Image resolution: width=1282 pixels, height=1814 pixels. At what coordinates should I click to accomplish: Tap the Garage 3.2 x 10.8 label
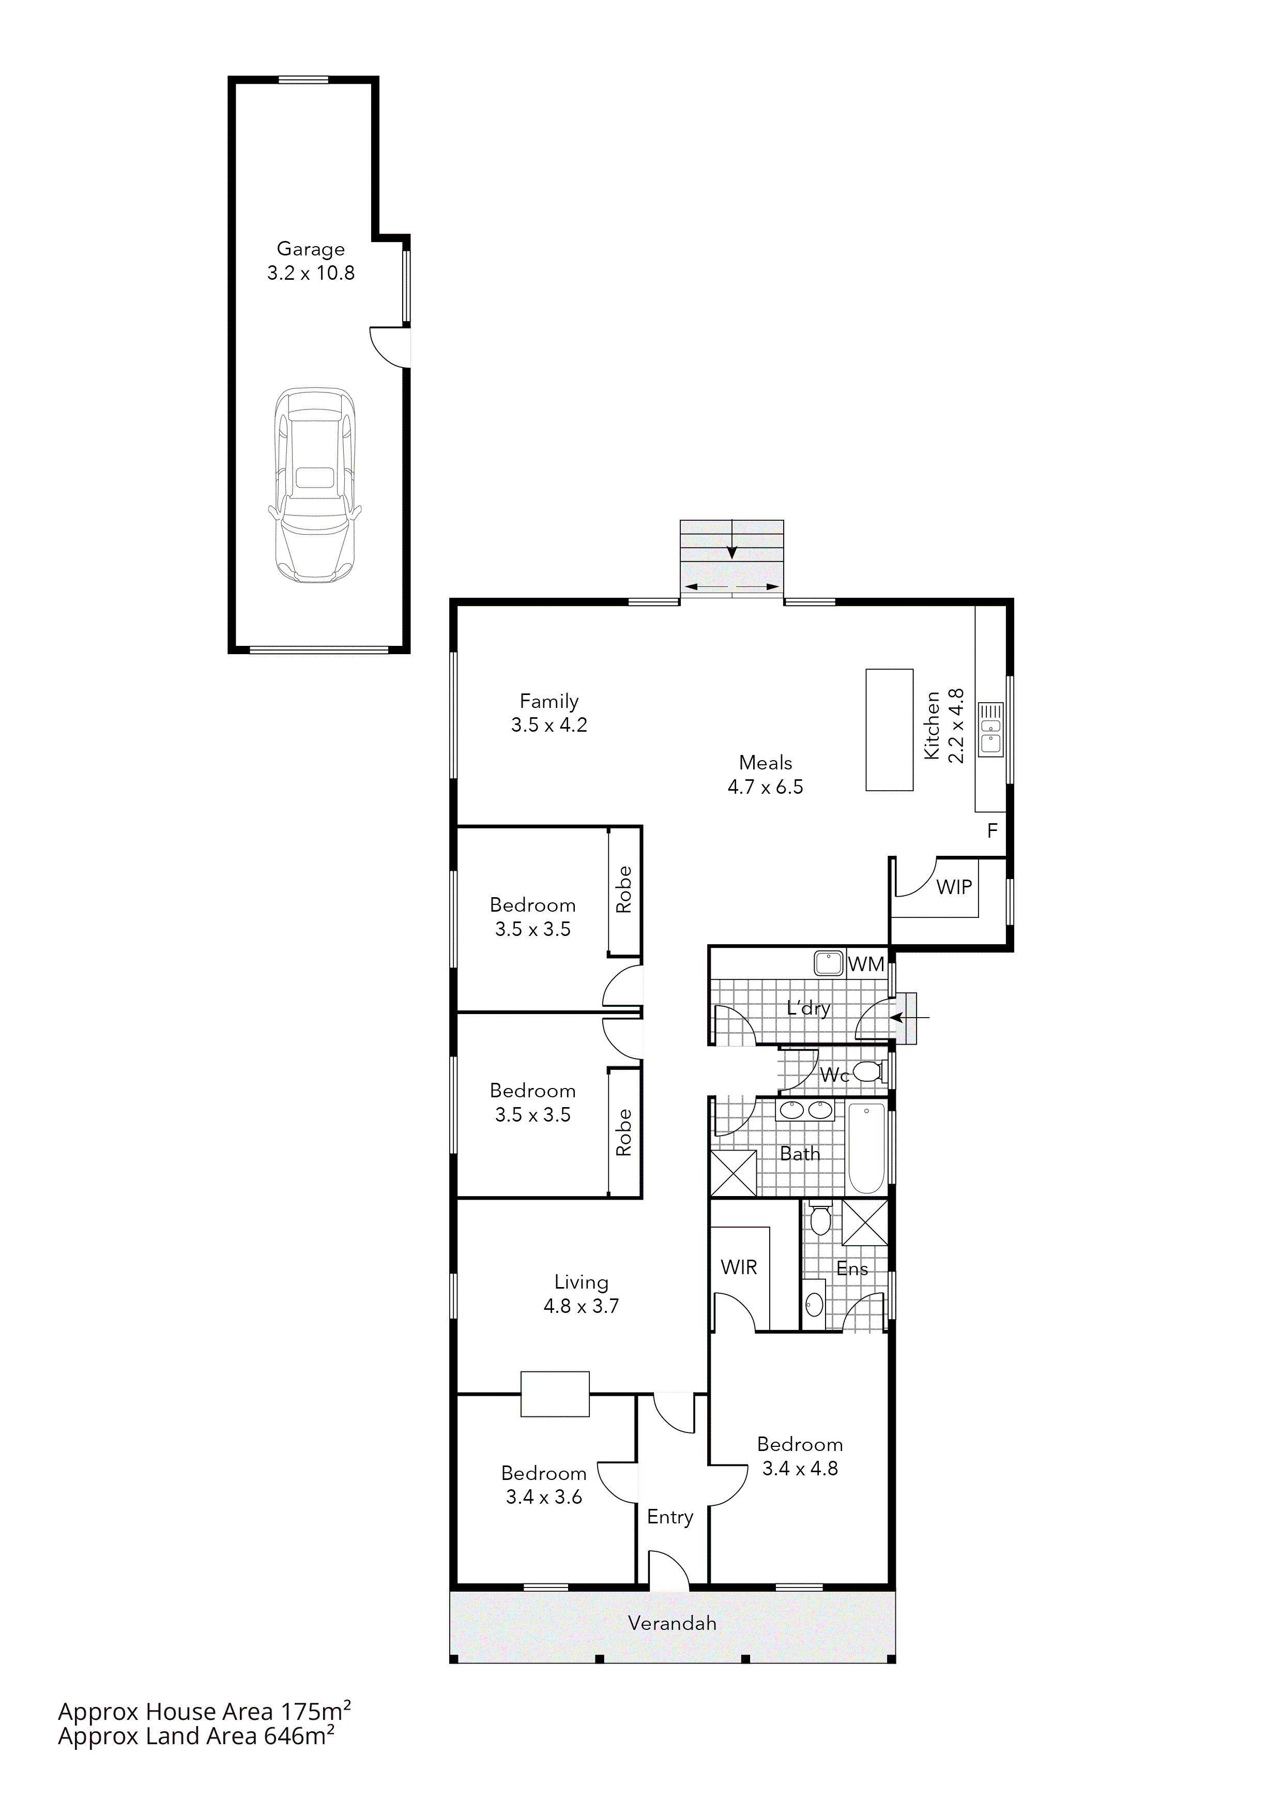[311, 262]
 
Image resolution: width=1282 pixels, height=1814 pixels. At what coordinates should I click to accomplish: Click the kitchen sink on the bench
[990, 729]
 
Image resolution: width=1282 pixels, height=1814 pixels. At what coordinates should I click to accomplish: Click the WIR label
[739, 1267]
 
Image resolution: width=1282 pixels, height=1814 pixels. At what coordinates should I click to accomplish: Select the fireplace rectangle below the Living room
[555, 1394]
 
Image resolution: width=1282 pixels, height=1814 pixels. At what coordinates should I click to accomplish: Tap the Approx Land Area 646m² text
[196, 1736]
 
